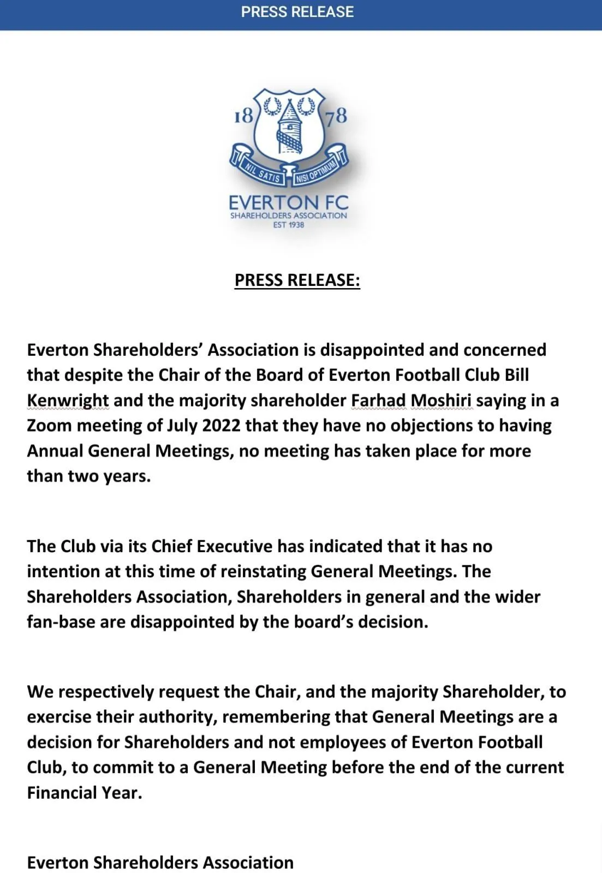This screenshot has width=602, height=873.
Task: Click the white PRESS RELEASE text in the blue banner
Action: coord(297,12)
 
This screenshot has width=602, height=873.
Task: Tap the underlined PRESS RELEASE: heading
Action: coord(297,280)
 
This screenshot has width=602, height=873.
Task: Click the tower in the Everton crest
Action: coord(289,129)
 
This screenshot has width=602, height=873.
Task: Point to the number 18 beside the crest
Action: coord(243,116)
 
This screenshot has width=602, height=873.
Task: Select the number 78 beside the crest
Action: coord(336,116)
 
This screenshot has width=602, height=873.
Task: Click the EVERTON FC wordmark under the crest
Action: coord(288,202)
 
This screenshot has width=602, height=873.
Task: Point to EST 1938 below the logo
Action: coord(288,225)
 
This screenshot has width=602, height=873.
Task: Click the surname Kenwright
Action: coord(68,400)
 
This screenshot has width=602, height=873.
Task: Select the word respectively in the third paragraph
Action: coord(106,692)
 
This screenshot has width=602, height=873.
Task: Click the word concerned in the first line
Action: coord(504,350)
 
